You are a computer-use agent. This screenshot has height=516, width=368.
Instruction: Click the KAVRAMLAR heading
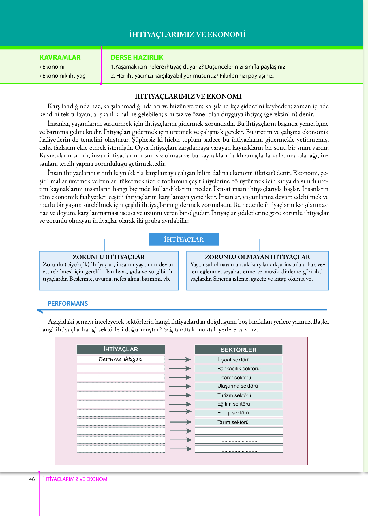(x=60, y=57)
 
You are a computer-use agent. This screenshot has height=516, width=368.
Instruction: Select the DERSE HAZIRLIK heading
(x=137, y=57)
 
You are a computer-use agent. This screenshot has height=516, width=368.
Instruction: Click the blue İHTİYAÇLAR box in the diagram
(x=184, y=239)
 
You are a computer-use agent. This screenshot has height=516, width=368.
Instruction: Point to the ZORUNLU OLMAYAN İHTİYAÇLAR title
(x=257, y=257)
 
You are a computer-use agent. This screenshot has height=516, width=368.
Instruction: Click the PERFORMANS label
(x=68, y=303)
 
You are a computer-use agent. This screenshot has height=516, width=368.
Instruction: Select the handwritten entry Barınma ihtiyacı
(x=121, y=359)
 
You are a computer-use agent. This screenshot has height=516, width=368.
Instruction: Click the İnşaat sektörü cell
(x=238, y=360)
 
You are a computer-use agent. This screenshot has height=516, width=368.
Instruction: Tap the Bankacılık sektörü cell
(x=238, y=369)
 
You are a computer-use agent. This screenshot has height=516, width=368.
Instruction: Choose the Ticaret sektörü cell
(x=238, y=378)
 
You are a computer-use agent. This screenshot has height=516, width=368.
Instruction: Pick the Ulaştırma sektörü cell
(x=238, y=386)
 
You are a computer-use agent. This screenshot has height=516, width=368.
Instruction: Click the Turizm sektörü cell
(x=238, y=395)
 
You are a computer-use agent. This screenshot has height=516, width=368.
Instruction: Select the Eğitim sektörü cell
(x=238, y=404)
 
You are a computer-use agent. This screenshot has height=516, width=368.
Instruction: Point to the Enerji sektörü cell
(x=238, y=413)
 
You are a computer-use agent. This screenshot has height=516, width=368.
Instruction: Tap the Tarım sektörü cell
(x=238, y=422)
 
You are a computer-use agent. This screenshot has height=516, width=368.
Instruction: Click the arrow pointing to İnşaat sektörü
(x=180, y=359)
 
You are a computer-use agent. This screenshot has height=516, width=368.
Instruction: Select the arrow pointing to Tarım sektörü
(x=181, y=422)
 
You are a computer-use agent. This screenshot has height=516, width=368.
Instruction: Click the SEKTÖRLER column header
(x=239, y=350)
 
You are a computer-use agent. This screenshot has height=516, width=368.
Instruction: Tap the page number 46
(x=32, y=479)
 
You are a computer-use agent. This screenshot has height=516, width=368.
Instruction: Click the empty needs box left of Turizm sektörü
(x=121, y=395)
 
